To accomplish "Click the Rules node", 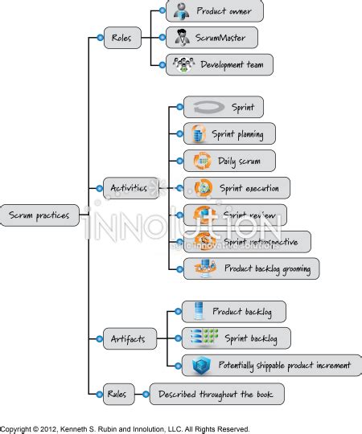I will [x=116, y=393].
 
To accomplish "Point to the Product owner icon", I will [x=183, y=10].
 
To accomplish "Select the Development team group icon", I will [x=184, y=65].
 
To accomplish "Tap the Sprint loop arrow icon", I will [x=205, y=107].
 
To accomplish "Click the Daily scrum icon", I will [x=200, y=161].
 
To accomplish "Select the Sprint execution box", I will [x=237, y=188].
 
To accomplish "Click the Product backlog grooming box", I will [x=251, y=268].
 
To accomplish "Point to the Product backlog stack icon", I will [x=196, y=311].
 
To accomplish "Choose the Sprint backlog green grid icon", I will [x=199, y=338].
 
